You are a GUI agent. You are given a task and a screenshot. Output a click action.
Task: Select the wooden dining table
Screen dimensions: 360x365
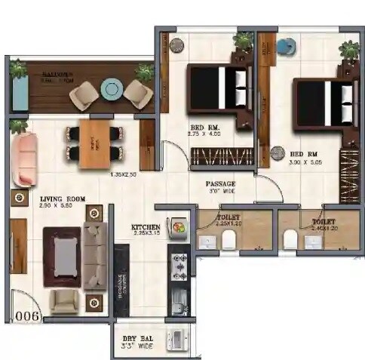pos(96,144)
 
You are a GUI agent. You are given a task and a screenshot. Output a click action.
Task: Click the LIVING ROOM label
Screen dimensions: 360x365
pos(62,200)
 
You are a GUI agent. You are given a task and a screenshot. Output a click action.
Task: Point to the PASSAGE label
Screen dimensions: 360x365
pos(221,184)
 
